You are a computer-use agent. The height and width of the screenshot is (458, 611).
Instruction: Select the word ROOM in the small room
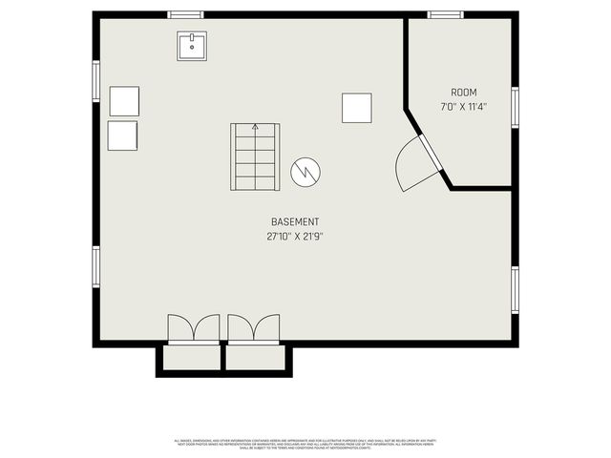(x=464, y=93)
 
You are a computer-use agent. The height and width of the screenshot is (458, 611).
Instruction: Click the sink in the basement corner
(x=192, y=46)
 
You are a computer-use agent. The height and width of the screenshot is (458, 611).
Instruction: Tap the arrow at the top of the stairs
(x=255, y=128)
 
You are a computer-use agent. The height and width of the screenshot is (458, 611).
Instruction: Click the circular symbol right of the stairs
(x=305, y=172)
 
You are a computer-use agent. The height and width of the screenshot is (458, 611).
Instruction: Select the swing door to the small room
(x=417, y=165)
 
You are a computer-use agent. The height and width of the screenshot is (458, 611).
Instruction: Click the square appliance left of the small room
(x=357, y=108)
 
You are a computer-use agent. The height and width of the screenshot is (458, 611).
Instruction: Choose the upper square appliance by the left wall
(x=124, y=101)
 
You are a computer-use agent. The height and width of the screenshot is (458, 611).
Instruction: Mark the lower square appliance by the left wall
(x=123, y=135)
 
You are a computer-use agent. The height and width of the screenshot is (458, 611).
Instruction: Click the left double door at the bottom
(x=194, y=328)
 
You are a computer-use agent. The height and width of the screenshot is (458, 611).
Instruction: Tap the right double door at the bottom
(x=254, y=328)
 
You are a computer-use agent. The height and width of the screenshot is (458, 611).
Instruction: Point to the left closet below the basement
(x=192, y=358)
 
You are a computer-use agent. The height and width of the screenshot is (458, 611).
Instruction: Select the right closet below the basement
(x=256, y=358)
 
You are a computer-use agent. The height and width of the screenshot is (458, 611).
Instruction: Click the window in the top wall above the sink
(x=185, y=15)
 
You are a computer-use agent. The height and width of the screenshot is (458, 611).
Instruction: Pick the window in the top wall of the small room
(x=445, y=15)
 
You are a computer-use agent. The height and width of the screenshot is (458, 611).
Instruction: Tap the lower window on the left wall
(x=95, y=266)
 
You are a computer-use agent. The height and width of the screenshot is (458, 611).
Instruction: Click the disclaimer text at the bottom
(x=305, y=444)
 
